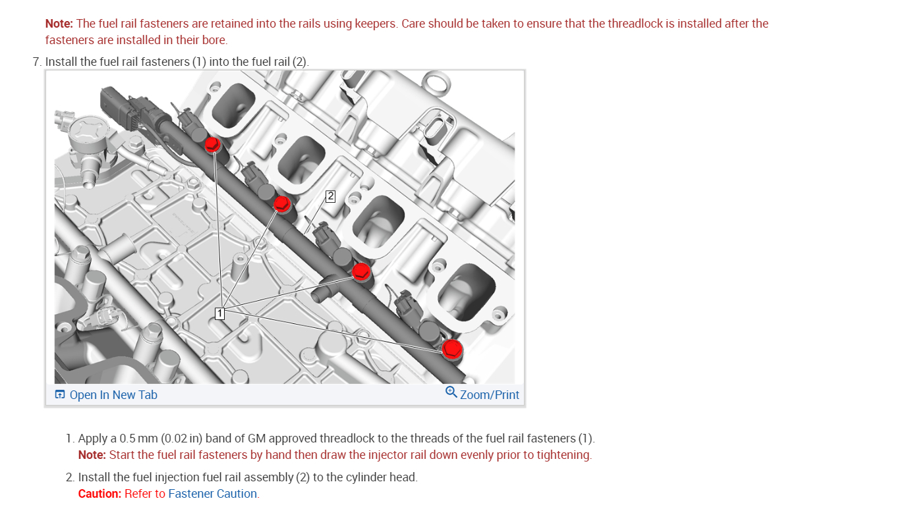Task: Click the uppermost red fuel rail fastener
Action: [212, 144]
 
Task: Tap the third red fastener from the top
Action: [361, 271]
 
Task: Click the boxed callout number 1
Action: [220, 313]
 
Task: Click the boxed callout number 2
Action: [330, 196]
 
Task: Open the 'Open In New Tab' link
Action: [113, 395]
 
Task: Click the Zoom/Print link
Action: [490, 395]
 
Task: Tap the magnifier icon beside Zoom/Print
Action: [451, 392]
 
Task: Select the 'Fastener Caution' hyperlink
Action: [213, 494]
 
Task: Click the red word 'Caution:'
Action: [100, 494]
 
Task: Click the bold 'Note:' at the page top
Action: [59, 24]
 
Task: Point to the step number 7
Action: [36, 62]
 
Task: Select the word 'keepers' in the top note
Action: [374, 24]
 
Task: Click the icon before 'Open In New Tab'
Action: [60, 395]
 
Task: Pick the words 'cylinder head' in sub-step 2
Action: [382, 477]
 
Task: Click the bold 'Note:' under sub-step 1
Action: [92, 455]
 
